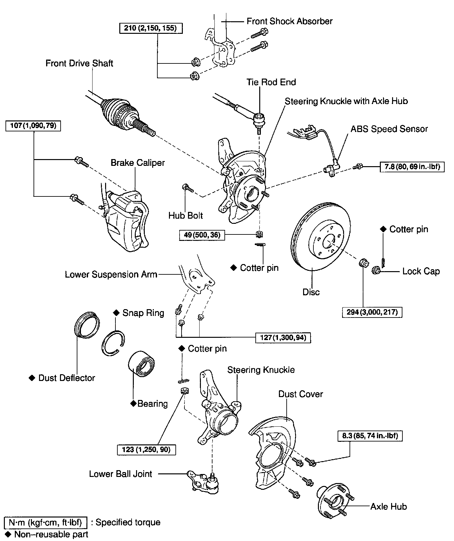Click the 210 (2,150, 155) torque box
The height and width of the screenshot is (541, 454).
151,28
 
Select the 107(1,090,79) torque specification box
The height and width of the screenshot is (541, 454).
33,125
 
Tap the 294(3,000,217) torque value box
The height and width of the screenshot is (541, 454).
372,312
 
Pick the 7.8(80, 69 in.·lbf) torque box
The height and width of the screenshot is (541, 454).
412,167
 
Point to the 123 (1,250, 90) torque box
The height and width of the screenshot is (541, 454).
147,449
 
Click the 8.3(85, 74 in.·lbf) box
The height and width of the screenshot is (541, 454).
370,436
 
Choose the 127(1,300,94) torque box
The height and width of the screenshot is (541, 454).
283,337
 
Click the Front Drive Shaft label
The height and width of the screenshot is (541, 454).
79,63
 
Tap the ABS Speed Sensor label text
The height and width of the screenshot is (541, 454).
389,129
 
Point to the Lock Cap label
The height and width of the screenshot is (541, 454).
421,271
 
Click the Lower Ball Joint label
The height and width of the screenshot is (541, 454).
121,474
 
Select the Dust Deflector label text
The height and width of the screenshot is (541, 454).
66,378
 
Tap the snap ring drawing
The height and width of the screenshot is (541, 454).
113,343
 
